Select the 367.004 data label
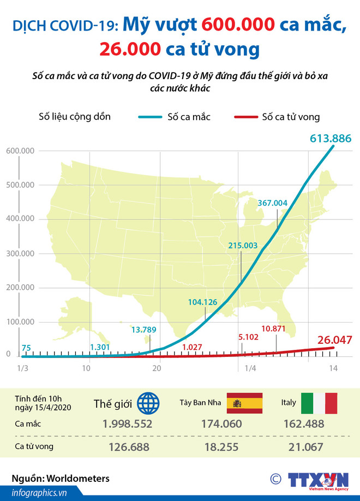[273, 203]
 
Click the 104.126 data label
[202, 302]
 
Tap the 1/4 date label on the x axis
[250, 368]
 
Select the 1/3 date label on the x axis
[23, 368]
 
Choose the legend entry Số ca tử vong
[291, 117]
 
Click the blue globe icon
[148, 404]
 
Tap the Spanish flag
[244, 403]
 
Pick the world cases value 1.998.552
[126, 424]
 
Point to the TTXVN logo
[319, 480]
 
